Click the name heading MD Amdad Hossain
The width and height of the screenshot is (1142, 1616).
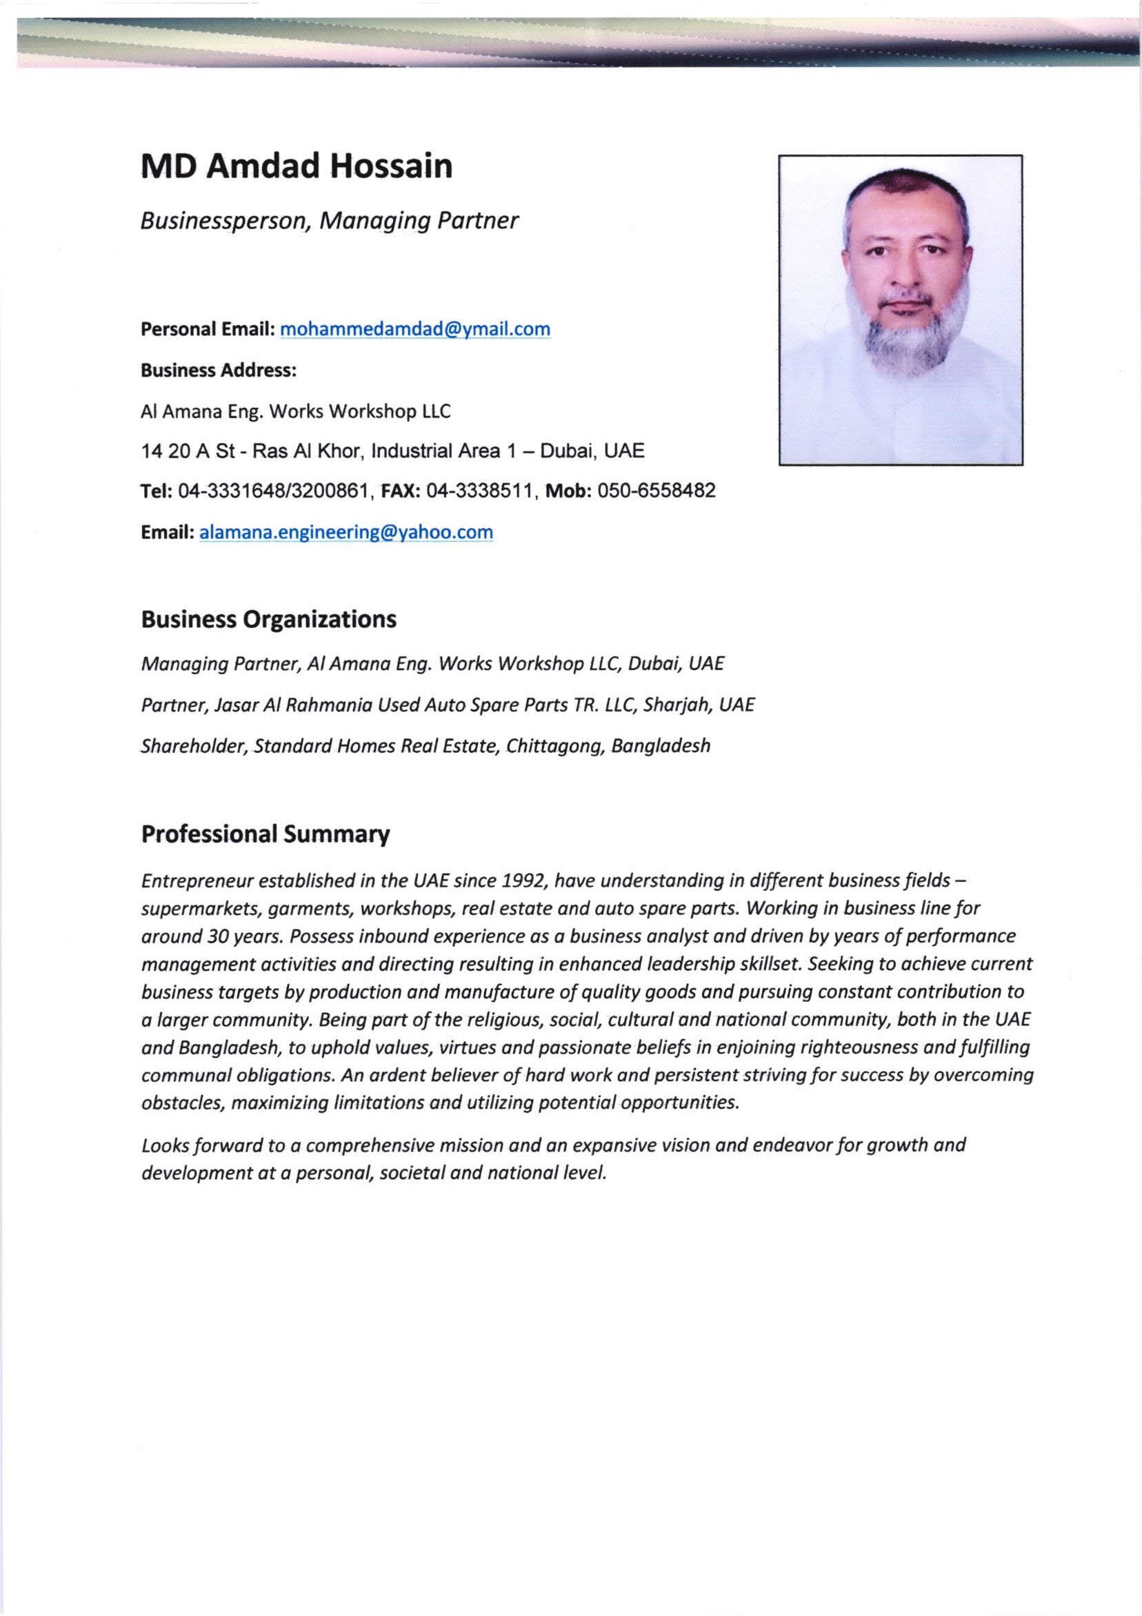point(297,168)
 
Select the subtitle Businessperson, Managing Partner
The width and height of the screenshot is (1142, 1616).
point(330,221)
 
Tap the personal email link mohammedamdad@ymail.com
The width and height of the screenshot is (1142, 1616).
point(415,329)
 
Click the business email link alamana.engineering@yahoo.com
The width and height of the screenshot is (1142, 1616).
point(346,532)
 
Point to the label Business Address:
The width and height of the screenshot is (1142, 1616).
point(218,371)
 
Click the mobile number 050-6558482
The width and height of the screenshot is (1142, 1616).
point(656,491)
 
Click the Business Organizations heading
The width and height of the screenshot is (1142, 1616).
point(268,620)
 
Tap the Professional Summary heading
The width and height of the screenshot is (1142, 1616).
point(266,834)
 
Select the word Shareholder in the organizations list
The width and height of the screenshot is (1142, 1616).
point(192,745)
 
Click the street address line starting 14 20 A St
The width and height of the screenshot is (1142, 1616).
point(392,451)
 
